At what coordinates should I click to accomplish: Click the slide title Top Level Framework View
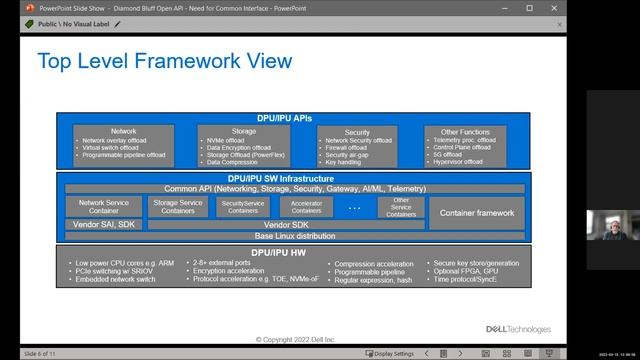pyautogui.click(x=165, y=62)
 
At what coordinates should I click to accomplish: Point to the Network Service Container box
pyautogui.click(x=104, y=206)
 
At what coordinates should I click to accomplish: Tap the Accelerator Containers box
pyautogui.click(x=306, y=207)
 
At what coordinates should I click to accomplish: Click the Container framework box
pyautogui.click(x=477, y=212)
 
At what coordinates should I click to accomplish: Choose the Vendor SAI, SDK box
pyautogui.click(x=104, y=225)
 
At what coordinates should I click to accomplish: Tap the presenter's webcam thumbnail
pyautogui.click(x=607, y=225)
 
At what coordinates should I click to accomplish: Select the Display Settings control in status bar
pyautogui.click(x=389, y=353)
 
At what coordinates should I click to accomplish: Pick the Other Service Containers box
pyautogui.click(x=400, y=207)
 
